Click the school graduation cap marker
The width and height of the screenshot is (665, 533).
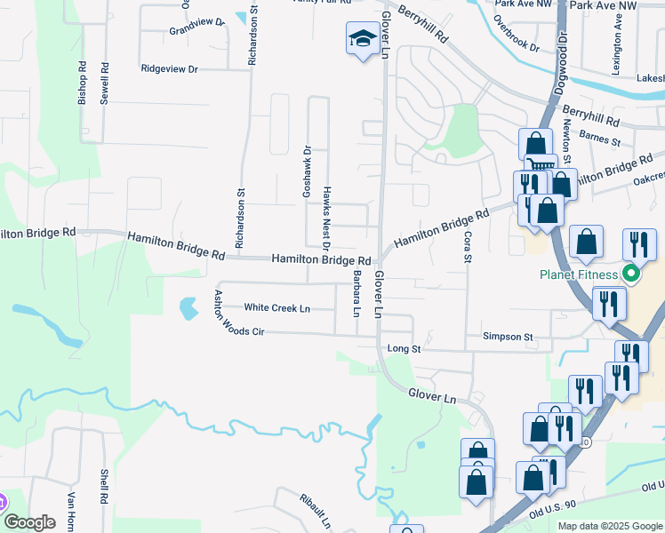[361, 40]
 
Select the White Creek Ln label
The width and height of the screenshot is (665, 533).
[277, 308]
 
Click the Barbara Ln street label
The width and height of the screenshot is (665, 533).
[357, 294]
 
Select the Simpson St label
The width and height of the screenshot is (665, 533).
[507, 338]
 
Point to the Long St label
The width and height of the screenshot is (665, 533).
[404, 350]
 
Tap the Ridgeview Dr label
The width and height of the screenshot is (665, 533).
[169, 68]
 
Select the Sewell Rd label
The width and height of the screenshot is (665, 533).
[104, 84]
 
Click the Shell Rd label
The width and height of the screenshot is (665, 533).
[105, 486]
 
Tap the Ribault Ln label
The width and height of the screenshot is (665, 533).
[315, 509]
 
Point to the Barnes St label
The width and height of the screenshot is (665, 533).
[599, 139]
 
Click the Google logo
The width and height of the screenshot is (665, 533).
[30, 522]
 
